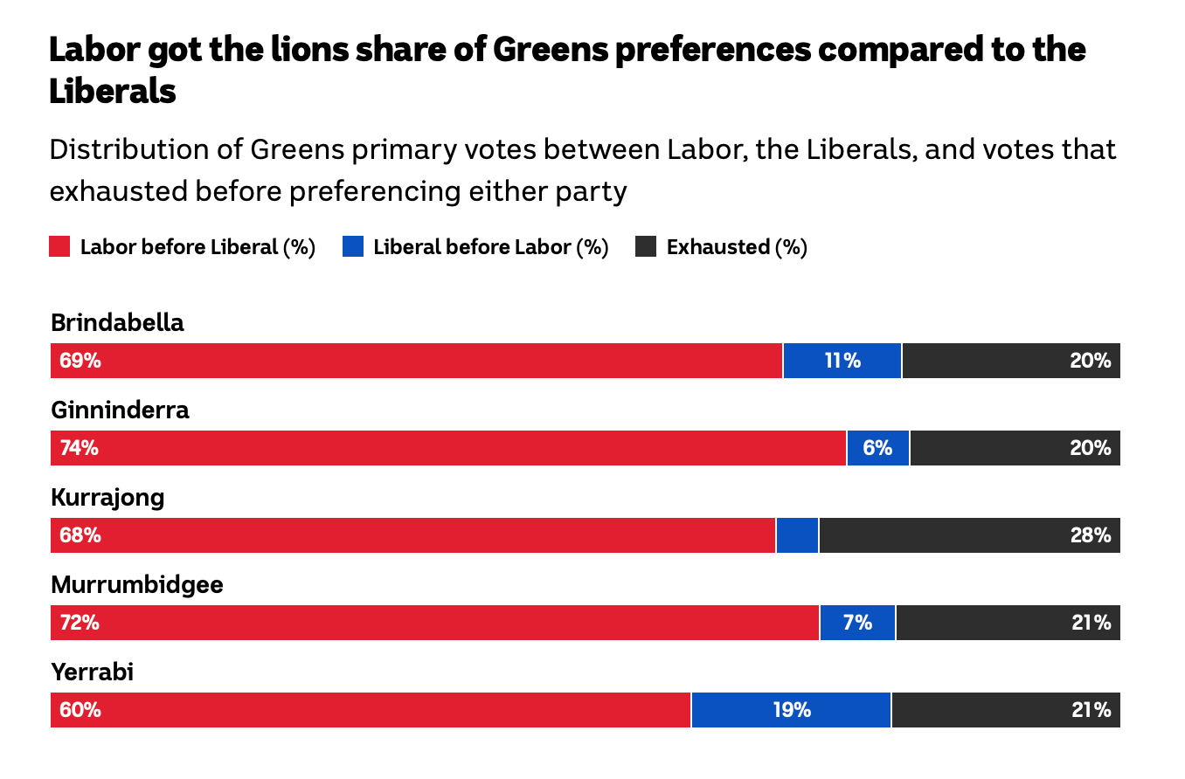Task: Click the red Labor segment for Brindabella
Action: coord(416,361)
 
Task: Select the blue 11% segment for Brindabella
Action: coord(842,361)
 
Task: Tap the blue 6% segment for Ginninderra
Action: coord(877,448)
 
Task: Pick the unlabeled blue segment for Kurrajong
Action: coord(797,535)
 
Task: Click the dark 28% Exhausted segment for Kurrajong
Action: coord(969,535)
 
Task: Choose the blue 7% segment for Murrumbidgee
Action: coord(857,623)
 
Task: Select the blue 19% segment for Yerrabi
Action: coord(791,710)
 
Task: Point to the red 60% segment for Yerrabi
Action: coord(371,710)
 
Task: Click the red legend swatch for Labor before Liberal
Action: coord(59,247)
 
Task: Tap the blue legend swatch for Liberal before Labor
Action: coord(352,247)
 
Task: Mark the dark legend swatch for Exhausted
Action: coord(646,247)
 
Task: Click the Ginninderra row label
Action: coord(120,410)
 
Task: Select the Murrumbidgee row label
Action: coord(137,584)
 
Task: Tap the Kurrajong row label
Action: coord(107,497)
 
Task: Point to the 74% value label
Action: coord(79,448)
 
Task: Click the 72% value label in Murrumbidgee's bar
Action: coord(79,623)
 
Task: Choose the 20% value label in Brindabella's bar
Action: coord(1090,361)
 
